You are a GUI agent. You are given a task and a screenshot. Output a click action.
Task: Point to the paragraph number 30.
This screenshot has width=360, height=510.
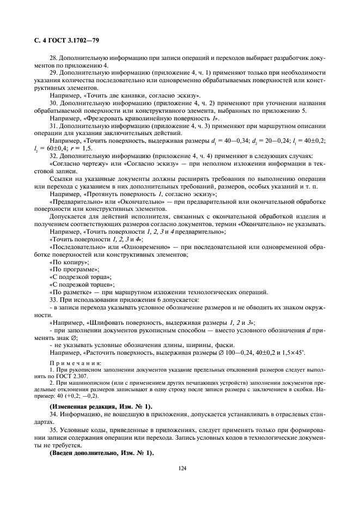coord(53,103)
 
